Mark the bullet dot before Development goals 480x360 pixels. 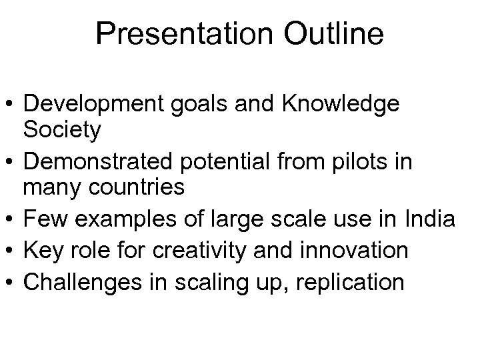pyautogui.click(x=11, y=105)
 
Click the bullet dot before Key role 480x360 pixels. pyautogui.click(x=11, y=251)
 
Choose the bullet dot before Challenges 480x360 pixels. pyautogui.click(x=11, y=283)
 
